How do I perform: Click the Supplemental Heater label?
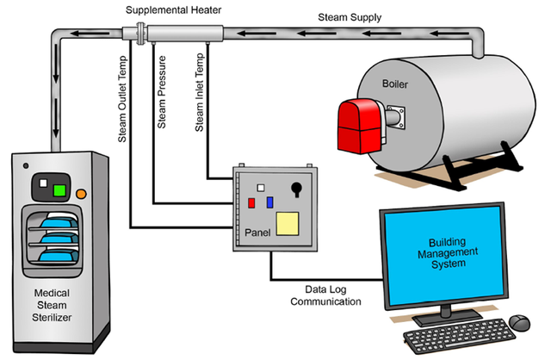pyautogui.click(x=173, y=9)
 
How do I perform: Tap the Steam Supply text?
pyautogui.click(x=350, y=17)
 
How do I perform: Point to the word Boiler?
pyautogui.click(x=395, y=84)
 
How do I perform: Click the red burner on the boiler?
pyautogui.click(x=361, y=127)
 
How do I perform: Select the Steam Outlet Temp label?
pyautogui.click(x=122, y=99)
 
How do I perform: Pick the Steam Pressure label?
pyautogui.click(x=161, y=92)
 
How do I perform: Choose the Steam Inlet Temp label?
pyautogui.click(x=199, y=92)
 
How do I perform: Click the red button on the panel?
pyautogui.click(x=251, y=203)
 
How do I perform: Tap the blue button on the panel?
pyautogui.click(x=269, y=202)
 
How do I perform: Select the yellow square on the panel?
pyautogui.click(x=288, y=224)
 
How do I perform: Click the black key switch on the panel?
pyautogui.click(x=296, y=189)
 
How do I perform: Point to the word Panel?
pyautogui.click(x=257, y=233)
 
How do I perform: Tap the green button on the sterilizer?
pyautogui.click(x=59, y=190)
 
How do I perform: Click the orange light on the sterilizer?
pyautogui.click(x=81, y=194)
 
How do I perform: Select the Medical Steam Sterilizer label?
pyautogui.click(x=52, y=305)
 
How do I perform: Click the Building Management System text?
pyautogui.click(x=448, y=252)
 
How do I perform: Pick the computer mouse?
pyautogui.click(x=519, y=322)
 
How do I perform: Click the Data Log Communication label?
pyautogui.click(x=325, y=295)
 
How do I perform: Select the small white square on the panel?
pyautogui.click(x=260, y=188)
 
